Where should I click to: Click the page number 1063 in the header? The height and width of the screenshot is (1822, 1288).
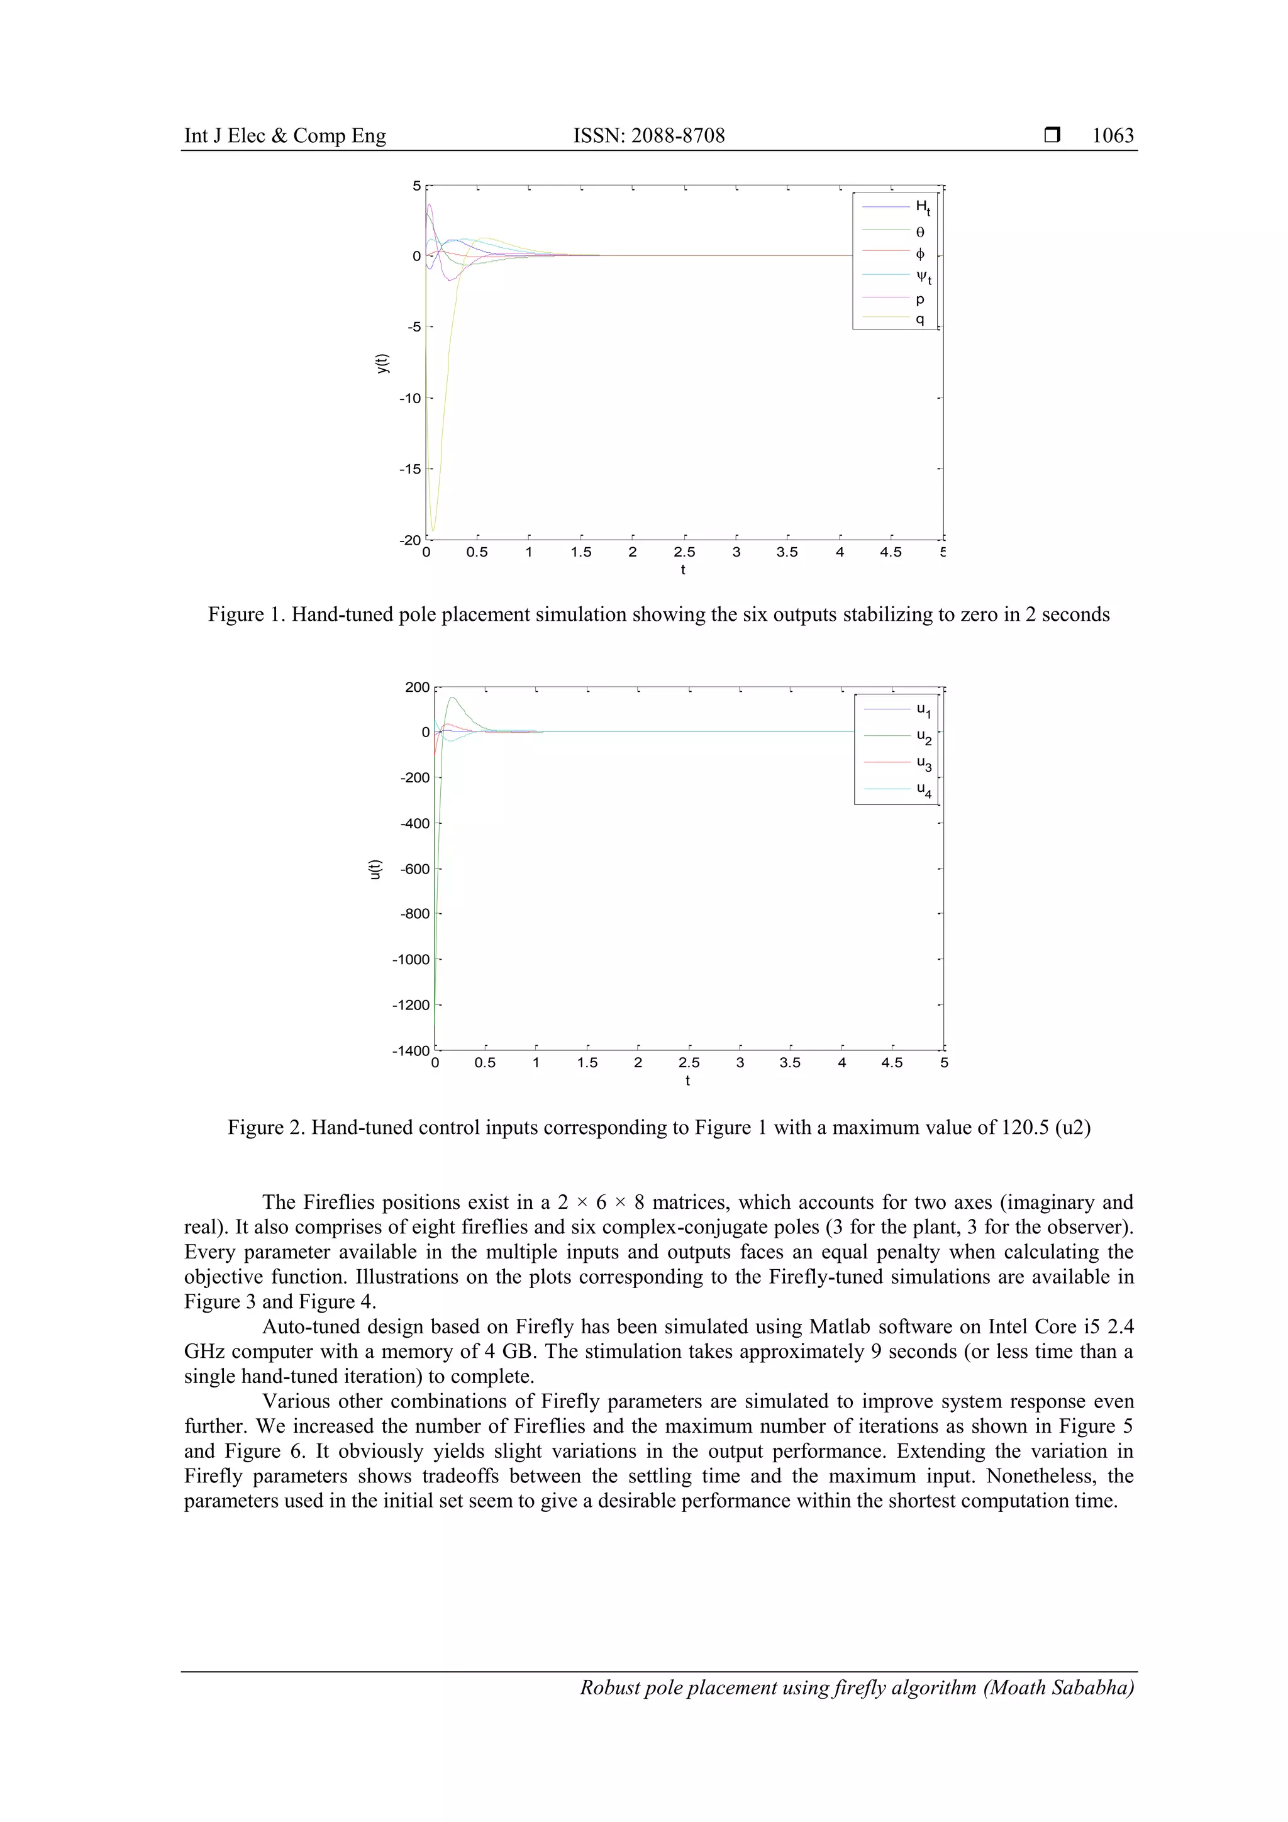tap(1113, 136)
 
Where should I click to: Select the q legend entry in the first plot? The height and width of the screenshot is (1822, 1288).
tap(919, 319)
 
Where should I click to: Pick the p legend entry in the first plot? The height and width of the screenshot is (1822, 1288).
tap(919, 299)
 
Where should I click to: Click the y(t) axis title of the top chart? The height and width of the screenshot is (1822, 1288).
tap(382, 364)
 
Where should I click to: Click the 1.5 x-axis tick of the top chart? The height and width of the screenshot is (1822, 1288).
tap(581, 552)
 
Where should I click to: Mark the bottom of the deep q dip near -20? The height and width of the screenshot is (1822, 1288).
tap(433, 531)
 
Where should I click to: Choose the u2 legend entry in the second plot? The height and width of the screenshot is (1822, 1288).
tap(924, 737)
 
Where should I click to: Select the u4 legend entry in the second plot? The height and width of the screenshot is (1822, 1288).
tap(924, 789)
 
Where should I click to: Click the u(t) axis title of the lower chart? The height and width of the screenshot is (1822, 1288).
tap(375, 869)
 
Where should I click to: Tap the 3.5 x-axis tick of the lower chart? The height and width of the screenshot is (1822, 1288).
tap(791, 1062)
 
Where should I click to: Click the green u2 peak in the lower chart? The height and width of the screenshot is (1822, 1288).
tap(452, 697)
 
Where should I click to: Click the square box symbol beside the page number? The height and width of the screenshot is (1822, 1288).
tap(1052, 136)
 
